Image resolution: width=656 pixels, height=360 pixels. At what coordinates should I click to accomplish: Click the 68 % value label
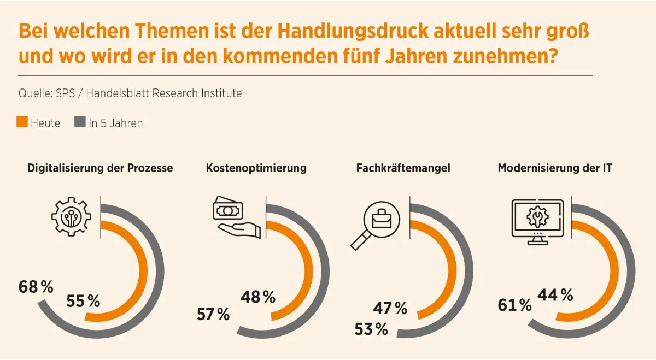tap(36, 287)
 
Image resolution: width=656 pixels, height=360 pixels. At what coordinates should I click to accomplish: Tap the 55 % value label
tap(83, 301)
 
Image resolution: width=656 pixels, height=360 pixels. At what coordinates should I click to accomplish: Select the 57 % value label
tap(213, 314)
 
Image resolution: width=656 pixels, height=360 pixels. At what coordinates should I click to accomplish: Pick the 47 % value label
tap(390, 309)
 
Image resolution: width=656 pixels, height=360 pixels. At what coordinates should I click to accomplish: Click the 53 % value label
tap(371, 329)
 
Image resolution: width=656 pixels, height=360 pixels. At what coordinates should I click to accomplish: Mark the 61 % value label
tap(514, 305)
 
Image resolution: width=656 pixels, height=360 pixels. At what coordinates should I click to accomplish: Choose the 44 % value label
tap(555, 296)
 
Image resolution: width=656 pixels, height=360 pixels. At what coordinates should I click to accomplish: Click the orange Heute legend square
tap(22, 122)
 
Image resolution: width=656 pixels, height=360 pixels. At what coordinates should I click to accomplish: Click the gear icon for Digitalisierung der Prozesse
tap(71, 218)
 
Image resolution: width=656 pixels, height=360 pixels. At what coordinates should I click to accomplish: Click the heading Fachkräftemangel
tap(403, 168)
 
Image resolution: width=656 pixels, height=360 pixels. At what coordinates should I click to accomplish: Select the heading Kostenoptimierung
tap(256, 168)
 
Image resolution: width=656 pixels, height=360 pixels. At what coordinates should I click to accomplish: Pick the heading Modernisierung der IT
tap(555, 168)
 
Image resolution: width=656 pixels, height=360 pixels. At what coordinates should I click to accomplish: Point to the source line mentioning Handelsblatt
tap(130, 93)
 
